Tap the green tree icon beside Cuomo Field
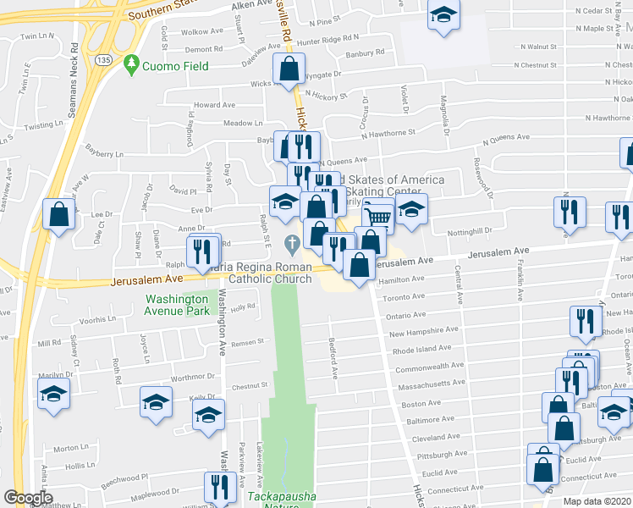[131, 63]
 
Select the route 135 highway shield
[103, 60]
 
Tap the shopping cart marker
[378, 218]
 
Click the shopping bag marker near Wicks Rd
[289, 69]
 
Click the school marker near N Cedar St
[443, 16]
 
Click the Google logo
[28, 498]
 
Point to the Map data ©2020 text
[596, 501]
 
